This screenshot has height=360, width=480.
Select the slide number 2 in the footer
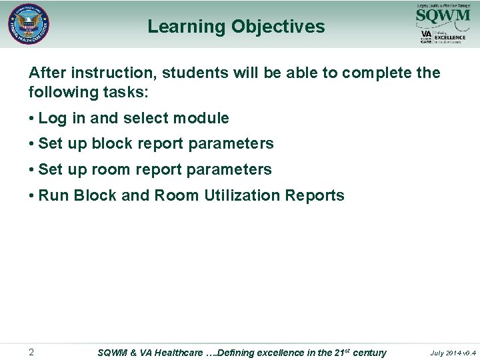click(x=31, y=352)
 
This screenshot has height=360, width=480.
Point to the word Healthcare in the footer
click(x=179, y=353)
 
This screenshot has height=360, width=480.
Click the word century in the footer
click(x=369, y=353)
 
